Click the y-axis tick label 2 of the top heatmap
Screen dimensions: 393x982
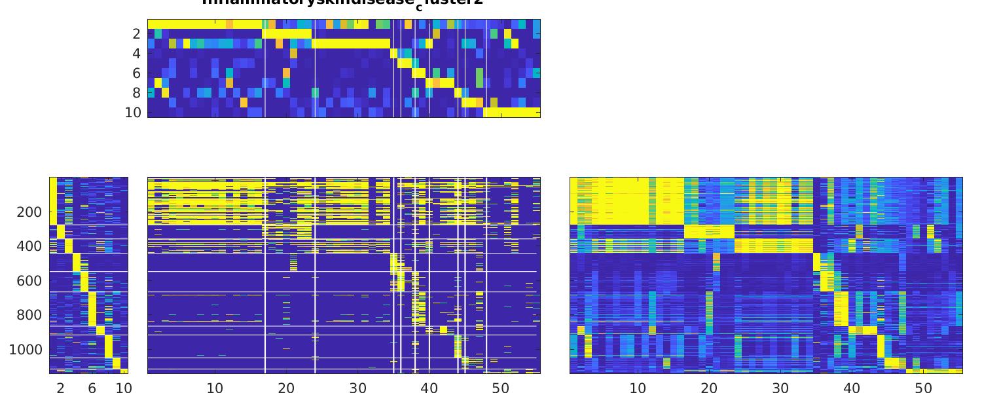click(x=136, y=34)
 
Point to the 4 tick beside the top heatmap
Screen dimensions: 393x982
click(x=136, y=54)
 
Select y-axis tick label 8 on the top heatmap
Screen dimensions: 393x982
click(x=136, y=93)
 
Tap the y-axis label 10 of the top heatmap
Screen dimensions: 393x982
click(x=133, y=113)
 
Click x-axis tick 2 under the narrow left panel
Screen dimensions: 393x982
click(x=61, y=388)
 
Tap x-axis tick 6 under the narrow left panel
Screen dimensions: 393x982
click(x=92, y=388)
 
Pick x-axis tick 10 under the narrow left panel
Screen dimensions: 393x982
click(x=124, y=388)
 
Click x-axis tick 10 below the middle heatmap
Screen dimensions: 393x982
click(x=215, y=388)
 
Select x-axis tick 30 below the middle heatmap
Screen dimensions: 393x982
click(x=357, y=388)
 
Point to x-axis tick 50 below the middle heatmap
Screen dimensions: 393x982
click(x=500, y=388)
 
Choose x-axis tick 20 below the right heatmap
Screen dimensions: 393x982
click(x=709, y=388)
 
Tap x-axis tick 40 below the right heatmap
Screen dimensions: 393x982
click(x=852, y=388)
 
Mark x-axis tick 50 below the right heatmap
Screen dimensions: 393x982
click(x=923, y=388)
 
